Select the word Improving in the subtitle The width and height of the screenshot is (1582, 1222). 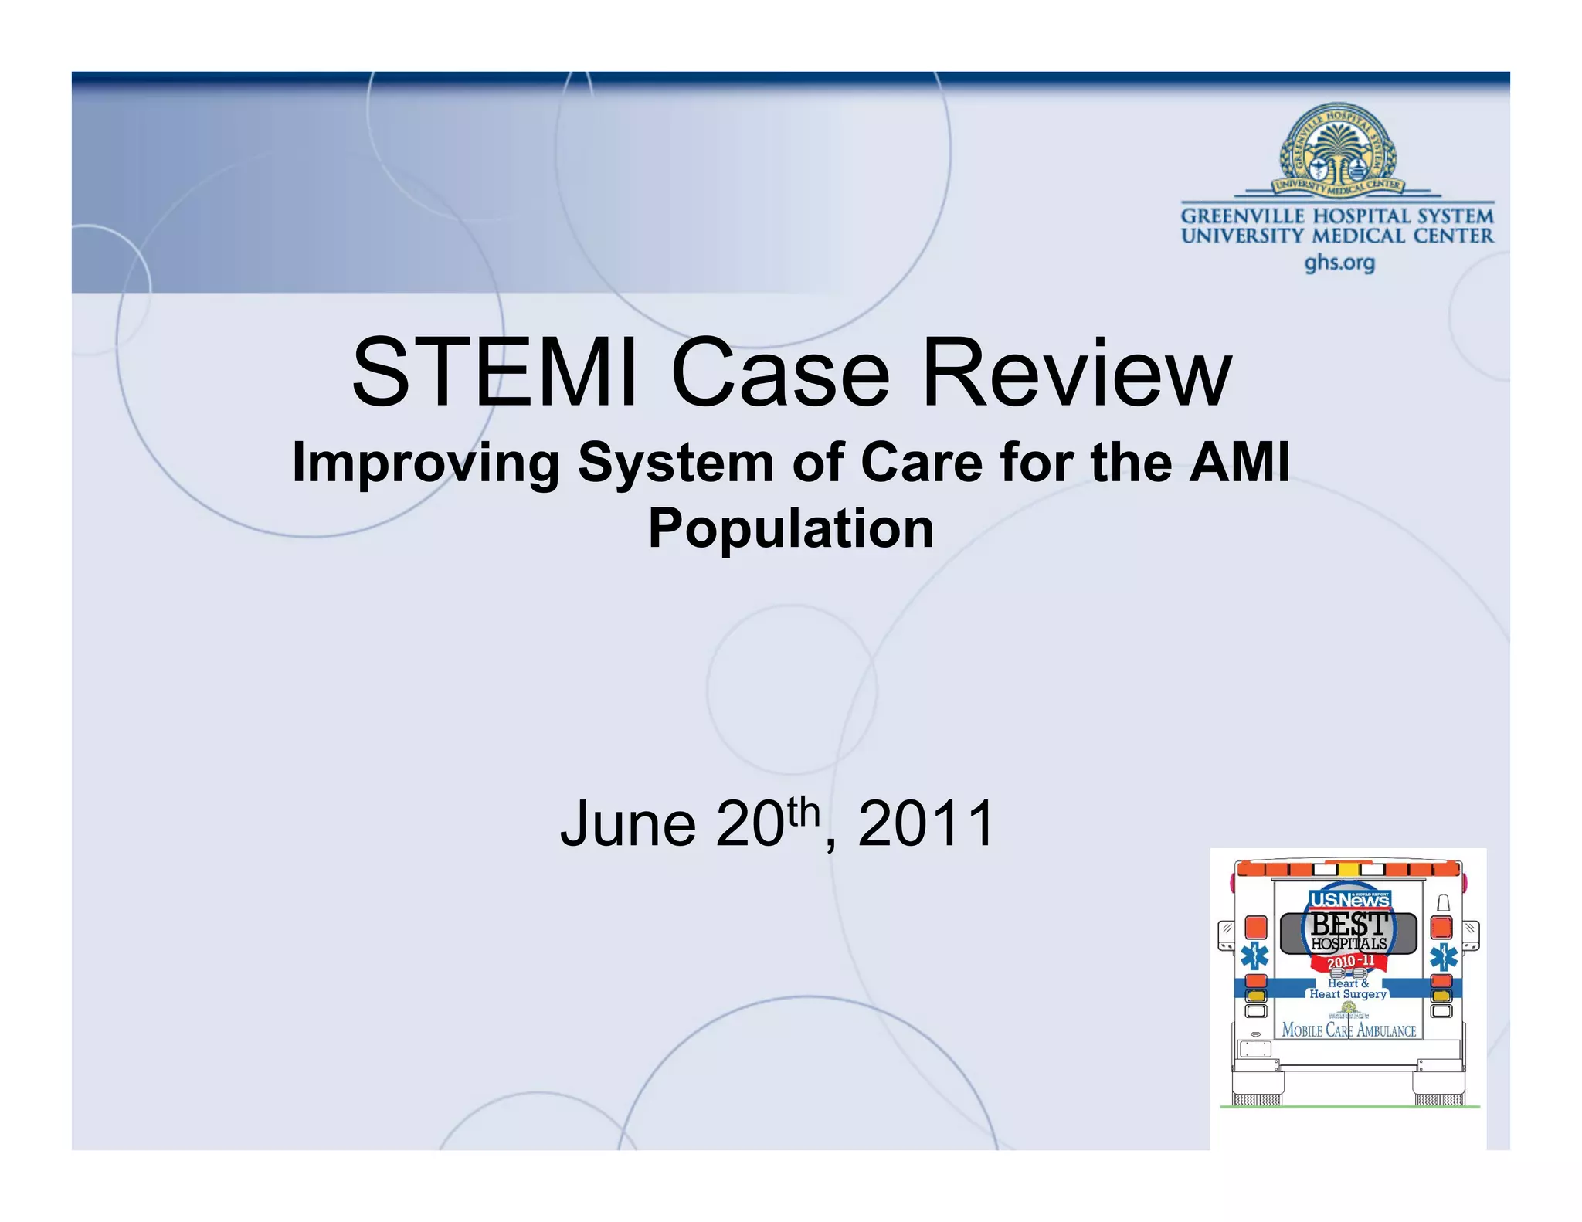(x=426, y=463)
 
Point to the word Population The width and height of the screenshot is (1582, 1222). (x=791, y=529)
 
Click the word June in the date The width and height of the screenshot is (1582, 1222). (x=627, y=824)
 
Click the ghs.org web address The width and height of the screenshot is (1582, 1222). (x=1339, y=263)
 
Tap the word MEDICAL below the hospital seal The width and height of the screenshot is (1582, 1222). (x=1360, y=236)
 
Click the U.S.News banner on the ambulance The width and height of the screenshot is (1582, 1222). (x=1349, y=899)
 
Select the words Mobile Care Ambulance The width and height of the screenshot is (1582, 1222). (x=1349, y=1030)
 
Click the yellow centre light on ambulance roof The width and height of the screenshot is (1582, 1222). (x=1349, y=868)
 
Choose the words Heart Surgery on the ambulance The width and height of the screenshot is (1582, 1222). (x=1348, y=994)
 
